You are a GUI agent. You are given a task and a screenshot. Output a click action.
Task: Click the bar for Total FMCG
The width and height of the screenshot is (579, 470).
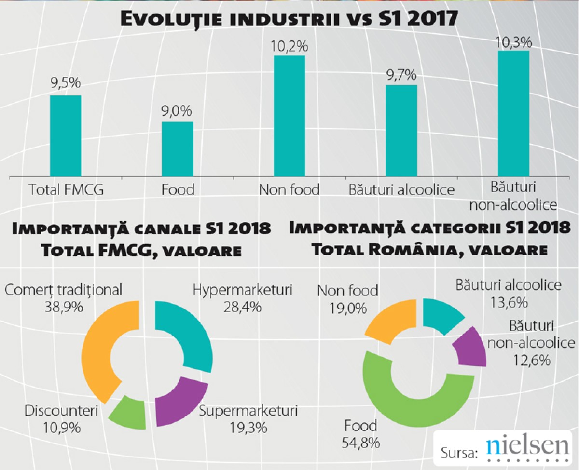point(66,136)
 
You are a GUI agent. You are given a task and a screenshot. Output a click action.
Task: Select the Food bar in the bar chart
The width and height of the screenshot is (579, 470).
point(177,149)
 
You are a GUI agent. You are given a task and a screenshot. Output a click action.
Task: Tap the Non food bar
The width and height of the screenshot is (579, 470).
point(289,116)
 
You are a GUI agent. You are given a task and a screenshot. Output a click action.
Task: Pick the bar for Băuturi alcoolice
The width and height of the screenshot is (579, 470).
point(401,131)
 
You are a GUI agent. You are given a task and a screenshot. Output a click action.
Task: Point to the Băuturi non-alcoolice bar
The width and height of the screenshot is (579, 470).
point(513,113)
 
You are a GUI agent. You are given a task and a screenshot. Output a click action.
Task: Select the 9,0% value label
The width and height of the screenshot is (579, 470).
point(177,111)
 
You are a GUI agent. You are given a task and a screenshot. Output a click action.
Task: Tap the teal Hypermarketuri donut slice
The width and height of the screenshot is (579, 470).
point(191,333)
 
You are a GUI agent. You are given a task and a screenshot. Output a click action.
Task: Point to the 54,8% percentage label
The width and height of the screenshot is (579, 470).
point(361,442)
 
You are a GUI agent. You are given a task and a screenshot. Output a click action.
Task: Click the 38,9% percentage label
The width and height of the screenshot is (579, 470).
point(63,306)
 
